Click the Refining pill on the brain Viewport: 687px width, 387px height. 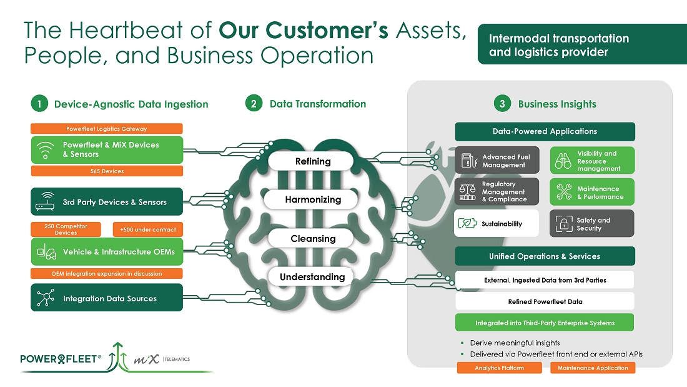(x=313, y=161)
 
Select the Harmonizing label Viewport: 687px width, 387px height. (x=313, y=200)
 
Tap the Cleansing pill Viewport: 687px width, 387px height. (x=313, y=239)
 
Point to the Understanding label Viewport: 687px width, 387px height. (x=312, y=277)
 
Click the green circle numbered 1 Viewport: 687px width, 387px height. (x=39, y=104)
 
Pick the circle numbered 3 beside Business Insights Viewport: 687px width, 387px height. (x=502, y=104)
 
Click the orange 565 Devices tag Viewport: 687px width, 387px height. (x=107, y=171)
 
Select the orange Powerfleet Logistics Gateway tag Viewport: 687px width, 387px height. (x=107, y=129)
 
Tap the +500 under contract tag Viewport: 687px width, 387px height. (x=148, y=229)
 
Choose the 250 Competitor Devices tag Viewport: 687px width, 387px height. (x=66, y=229)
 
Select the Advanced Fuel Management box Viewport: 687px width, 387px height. (x=497, y=161)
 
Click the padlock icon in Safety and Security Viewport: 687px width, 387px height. (x=564, y=224)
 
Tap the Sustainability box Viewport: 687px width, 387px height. (x=497, y=223)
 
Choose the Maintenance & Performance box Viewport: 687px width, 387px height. (x=592, y=193)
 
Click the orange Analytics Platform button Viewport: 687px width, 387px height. (x=499, y=368)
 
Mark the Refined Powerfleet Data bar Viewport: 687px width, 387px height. (x=545, y=301)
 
